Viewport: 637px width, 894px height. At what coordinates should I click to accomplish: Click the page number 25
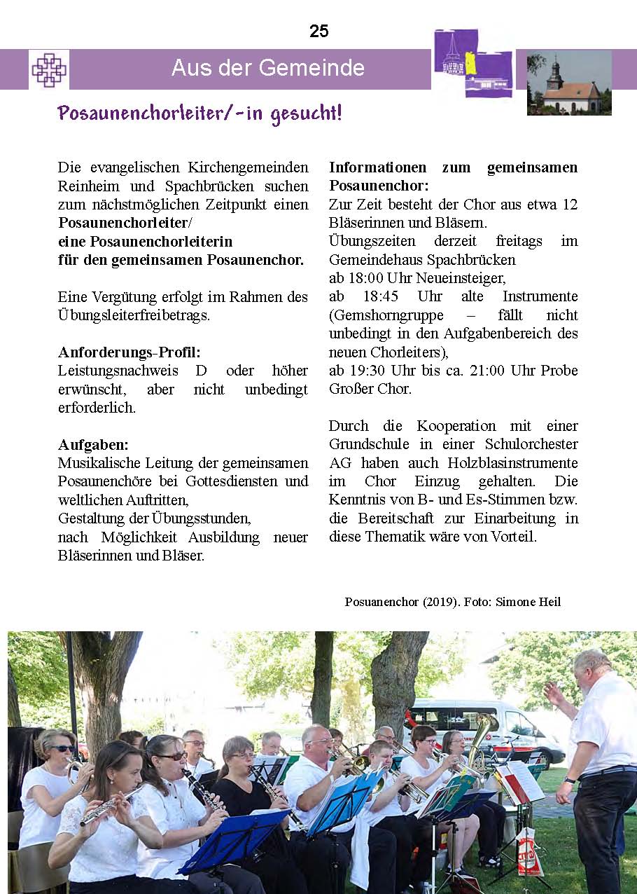pyautogui.click(x=318, y=32)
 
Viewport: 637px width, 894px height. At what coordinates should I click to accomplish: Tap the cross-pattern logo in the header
pyautogui.click(x=48, y=69)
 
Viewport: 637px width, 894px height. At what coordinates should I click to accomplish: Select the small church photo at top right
pyautogui.click(x=569, y=83)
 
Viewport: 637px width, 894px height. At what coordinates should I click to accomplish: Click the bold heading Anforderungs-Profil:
pyautogui.click(x=134, y=352)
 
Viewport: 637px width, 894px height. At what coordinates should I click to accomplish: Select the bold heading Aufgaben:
pyautogui.click(x=93, y=444)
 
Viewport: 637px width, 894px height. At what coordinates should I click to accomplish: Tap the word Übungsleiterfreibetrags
pyautogui.click(x=134, y=315)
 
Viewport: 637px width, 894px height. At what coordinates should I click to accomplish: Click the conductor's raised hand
pyautogui.click(x=555, y=694)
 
